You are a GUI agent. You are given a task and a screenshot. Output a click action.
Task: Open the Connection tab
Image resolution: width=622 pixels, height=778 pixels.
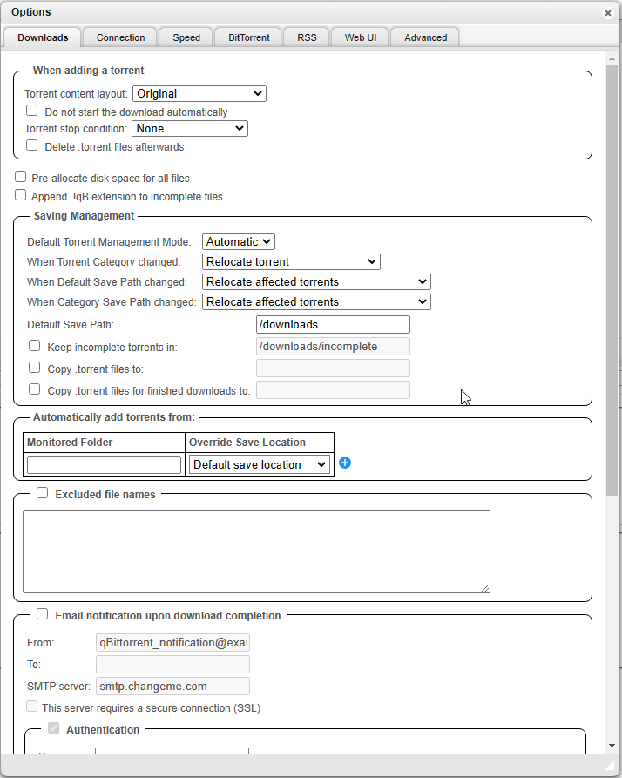click(x=120, y=37)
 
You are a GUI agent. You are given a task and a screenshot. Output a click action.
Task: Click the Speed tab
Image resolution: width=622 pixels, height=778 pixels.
click(x=186, y=37)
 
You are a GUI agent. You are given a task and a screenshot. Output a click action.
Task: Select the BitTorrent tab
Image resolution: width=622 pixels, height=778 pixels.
click(x=248, y=37)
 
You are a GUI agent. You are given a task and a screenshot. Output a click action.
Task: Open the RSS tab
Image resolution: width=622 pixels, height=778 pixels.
click(x=307, y=37)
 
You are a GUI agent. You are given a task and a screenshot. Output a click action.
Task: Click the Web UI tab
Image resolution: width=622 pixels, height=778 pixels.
click(x=361, y=37)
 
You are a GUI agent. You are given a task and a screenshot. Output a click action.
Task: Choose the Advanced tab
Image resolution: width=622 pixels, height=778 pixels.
click(x=425, y=37)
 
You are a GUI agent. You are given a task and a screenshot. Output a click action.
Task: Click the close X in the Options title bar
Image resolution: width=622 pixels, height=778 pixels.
click(x=607, y=13)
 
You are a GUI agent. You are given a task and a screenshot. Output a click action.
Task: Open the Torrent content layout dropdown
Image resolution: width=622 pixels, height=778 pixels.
click(x=199, y=93)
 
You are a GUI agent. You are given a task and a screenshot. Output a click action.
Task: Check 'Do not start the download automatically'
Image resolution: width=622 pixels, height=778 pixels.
click(x=32, y=111)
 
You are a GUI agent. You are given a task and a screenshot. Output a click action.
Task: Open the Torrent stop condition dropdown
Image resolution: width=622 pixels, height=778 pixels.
click(x=189, y=128)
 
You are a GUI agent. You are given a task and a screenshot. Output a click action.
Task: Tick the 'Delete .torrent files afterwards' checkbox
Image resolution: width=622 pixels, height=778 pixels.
click(x=32, y=145)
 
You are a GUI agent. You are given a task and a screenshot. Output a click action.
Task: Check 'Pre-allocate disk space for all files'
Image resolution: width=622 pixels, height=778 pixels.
click(x=21, y=177)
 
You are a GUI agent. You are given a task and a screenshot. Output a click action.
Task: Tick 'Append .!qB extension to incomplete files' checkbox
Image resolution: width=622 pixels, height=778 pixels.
click(x=21, y=195)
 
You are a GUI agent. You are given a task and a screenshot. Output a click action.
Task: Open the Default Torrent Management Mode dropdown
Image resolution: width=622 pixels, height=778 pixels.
click(x=239, y=241)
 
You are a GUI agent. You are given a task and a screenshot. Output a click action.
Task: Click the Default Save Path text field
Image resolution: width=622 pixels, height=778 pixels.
click(x=332, y=324)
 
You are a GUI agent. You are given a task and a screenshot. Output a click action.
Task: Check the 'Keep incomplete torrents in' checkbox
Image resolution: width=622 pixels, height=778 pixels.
click(x=35, y=346)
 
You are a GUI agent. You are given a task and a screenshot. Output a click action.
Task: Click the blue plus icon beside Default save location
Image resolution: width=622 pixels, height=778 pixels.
click(x=345, y=463)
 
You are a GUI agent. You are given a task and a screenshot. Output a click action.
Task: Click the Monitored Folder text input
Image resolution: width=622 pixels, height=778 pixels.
click(x=104, y=464)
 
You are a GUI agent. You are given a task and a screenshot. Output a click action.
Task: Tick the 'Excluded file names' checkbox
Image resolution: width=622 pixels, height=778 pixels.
click(x=43, y=493)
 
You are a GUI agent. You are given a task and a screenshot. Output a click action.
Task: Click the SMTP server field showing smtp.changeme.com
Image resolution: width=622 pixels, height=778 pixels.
click(x=172, y=686)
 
